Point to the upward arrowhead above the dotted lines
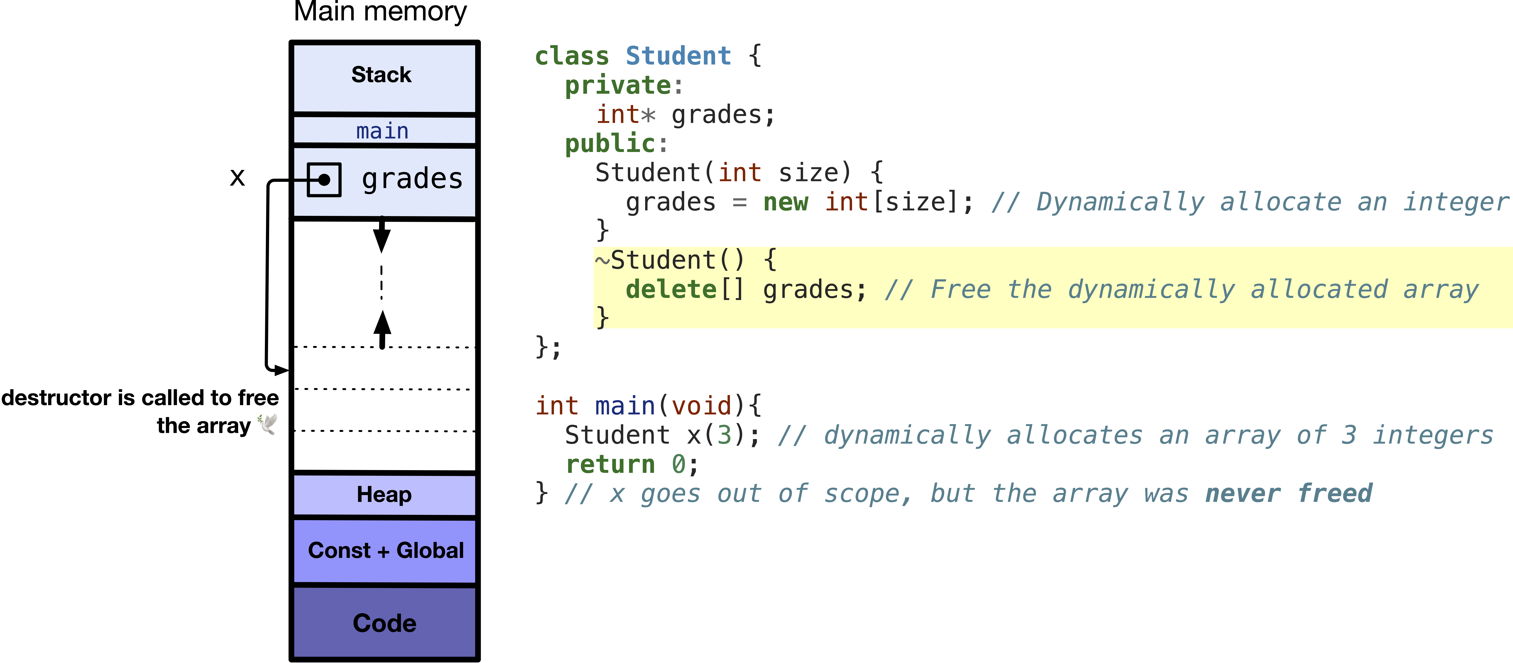[382, 323]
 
